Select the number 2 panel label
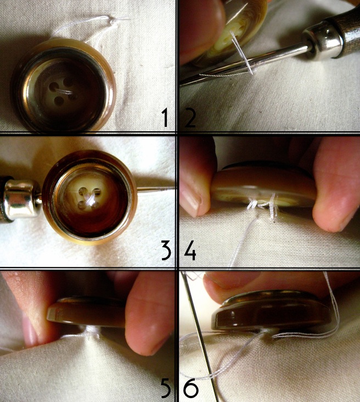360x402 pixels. tap(190, 118)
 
